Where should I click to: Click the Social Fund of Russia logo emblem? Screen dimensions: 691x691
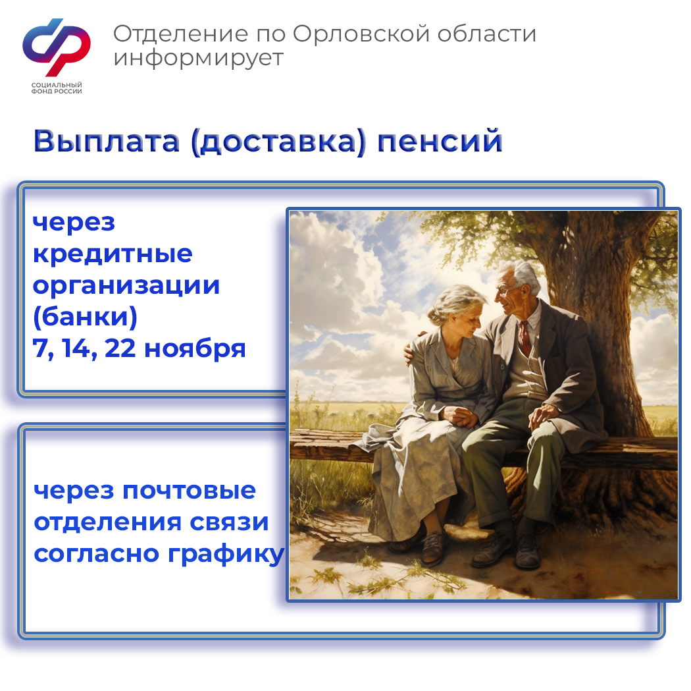click(x=57, y=47)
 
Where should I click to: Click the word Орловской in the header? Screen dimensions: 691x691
click(x=361, y=34)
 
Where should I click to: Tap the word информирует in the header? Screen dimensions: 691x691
click(x=198, y=59)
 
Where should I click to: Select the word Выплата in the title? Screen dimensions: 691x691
click(x=106, y=141)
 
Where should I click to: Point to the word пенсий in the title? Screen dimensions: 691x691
click(x=440, y=141)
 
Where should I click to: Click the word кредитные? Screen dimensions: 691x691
click(x=113, y=254)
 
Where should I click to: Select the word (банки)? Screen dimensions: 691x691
click(x=85, y=318)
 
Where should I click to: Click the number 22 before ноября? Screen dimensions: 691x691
click(x=120, y=348)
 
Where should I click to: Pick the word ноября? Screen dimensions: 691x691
click(x=195, y=350)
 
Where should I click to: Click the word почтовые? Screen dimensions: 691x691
click(x=189, y=491)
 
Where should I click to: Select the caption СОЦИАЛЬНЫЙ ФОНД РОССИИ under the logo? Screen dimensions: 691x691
click(x=57, y=88)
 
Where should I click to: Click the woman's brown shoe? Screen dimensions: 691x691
click(x=434, y=547)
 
